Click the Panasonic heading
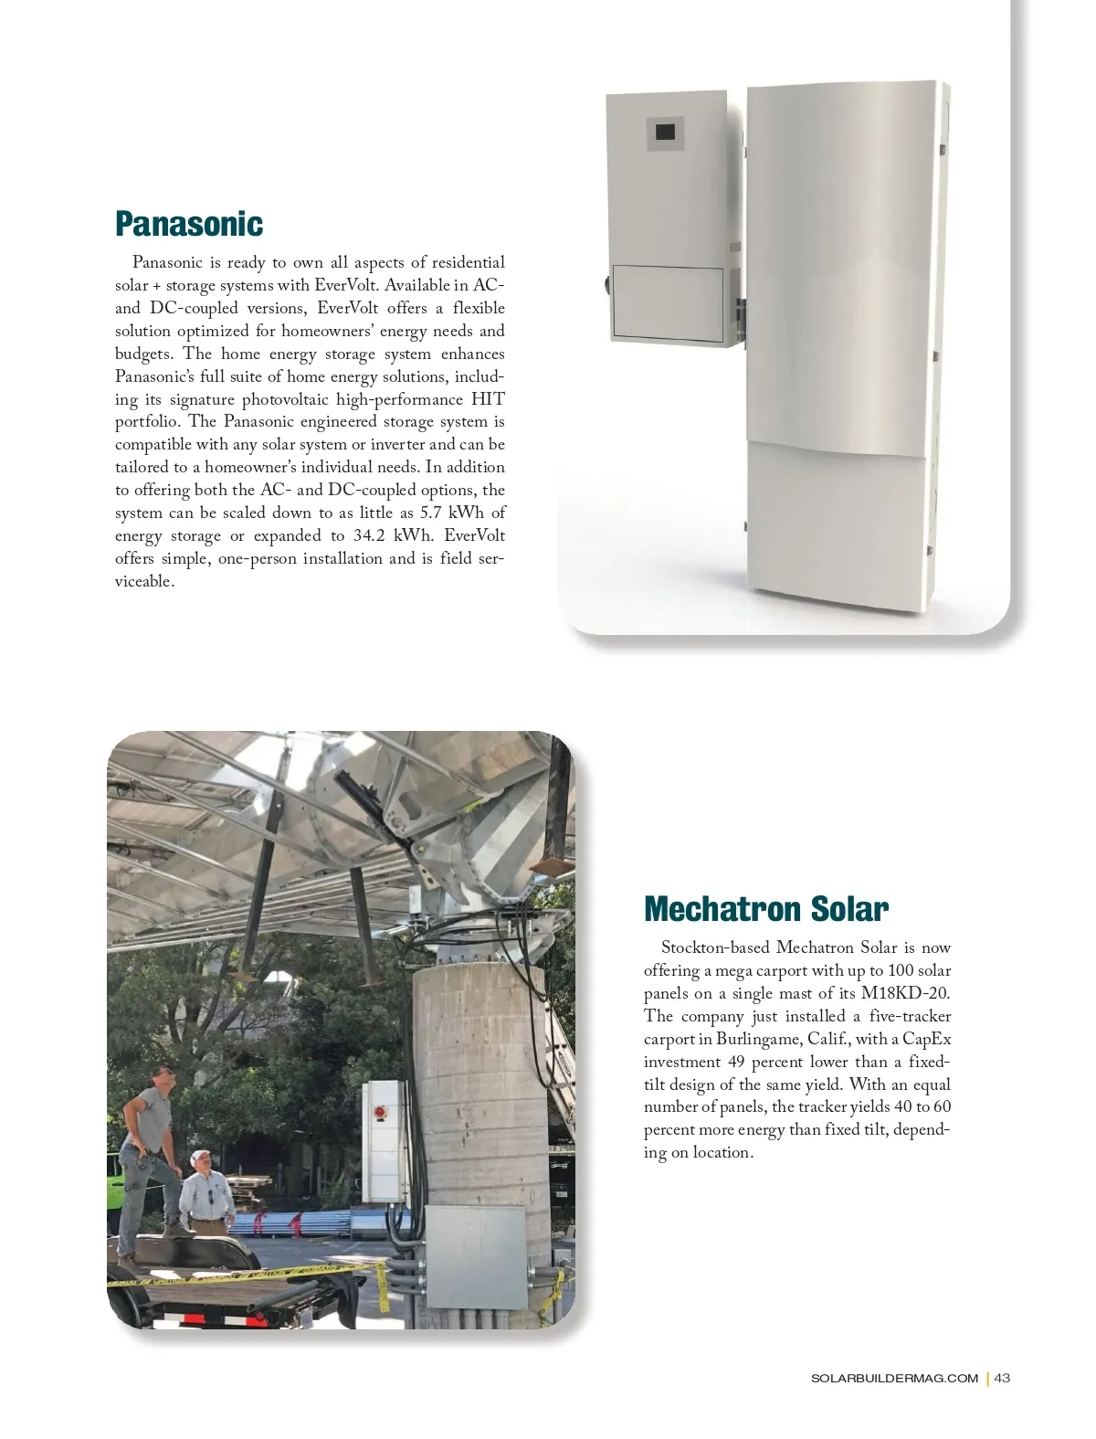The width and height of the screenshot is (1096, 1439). click(188, 223)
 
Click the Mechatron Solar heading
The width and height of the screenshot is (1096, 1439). click(765, 909)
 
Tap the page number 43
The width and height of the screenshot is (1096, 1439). click(1002, 1378)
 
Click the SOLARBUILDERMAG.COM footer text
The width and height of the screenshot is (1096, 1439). click(894, 1378)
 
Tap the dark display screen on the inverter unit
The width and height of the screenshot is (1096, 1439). click(664, 132)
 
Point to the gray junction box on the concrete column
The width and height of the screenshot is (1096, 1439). click(474, 1255)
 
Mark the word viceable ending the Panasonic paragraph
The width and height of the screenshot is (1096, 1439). click(143, 582)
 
